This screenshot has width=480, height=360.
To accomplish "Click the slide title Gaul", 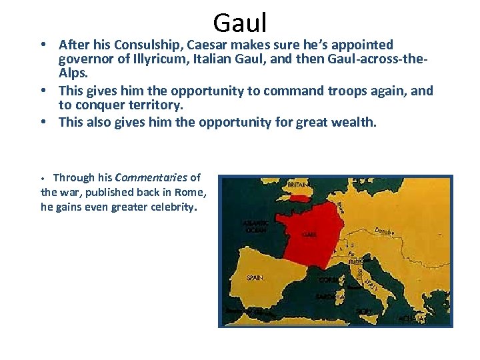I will click(x=240, y=23).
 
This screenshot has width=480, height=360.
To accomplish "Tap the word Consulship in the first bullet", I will click(x=144, y=45).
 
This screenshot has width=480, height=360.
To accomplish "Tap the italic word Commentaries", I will click(x=151, y=178).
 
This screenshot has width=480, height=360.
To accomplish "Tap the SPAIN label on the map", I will click(x=254, y=278).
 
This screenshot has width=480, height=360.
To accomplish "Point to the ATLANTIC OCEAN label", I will click(x=257, y=226).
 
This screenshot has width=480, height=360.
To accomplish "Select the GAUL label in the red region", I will click(x=309, y=235).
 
